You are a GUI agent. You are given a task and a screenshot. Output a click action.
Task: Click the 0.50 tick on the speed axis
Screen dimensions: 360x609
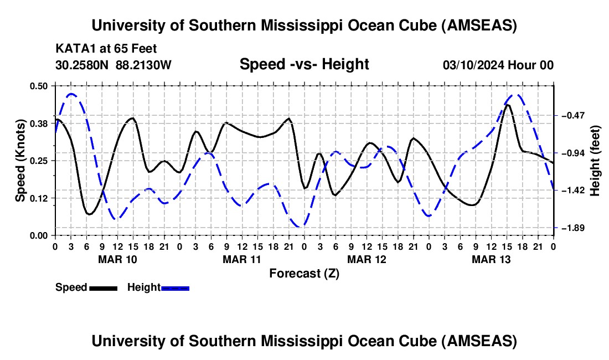click(39, 86)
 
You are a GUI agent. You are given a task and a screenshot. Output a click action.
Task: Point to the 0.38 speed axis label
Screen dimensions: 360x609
click(39, 124)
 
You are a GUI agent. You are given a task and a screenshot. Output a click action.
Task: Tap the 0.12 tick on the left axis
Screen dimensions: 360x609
click(39, 198)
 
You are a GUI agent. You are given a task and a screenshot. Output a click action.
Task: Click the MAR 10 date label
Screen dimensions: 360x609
click(117, 259)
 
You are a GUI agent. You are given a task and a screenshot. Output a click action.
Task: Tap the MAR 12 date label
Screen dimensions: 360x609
click(367, 259)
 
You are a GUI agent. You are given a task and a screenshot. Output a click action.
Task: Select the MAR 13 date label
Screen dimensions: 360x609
click(491, 259)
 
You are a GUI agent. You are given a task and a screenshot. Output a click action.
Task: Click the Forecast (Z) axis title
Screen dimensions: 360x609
click(304, 273)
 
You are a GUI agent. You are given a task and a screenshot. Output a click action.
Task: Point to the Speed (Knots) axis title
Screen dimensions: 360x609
click(20, 161)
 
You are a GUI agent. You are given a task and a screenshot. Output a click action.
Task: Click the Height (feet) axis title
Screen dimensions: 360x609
click(595, 161)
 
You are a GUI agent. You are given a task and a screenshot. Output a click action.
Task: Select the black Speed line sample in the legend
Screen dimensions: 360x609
click(102, 288)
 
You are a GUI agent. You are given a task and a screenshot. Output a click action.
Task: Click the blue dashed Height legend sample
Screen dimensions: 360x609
click(175, 288)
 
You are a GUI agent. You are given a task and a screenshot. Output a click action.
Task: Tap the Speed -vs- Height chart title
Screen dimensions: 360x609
click(304, 64)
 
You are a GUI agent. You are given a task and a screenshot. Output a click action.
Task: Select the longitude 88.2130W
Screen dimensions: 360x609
click(144, 65)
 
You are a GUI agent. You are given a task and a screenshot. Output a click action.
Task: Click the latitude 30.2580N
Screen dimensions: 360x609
click(83, 65)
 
